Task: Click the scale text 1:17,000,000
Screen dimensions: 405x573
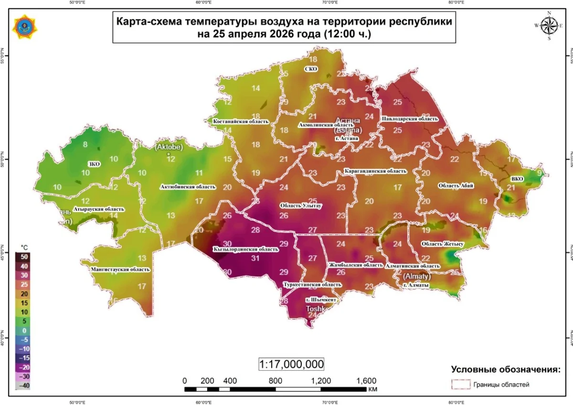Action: click(291, 364)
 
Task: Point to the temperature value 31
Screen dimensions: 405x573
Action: click(255, 258)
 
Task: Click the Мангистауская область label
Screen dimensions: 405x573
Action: click(120, 269)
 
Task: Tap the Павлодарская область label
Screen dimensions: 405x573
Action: click(409, 118)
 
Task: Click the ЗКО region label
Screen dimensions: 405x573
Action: click(94, 164)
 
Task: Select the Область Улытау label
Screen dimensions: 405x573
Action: click(301, 206)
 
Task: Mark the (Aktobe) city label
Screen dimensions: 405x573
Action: click(169, 147)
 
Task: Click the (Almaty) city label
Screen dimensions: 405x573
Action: click(417, 277)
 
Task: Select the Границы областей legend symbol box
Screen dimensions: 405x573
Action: click(460, 384)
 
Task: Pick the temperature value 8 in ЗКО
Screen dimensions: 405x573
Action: click(85, 144)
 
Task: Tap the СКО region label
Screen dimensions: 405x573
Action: click(311, 69)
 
